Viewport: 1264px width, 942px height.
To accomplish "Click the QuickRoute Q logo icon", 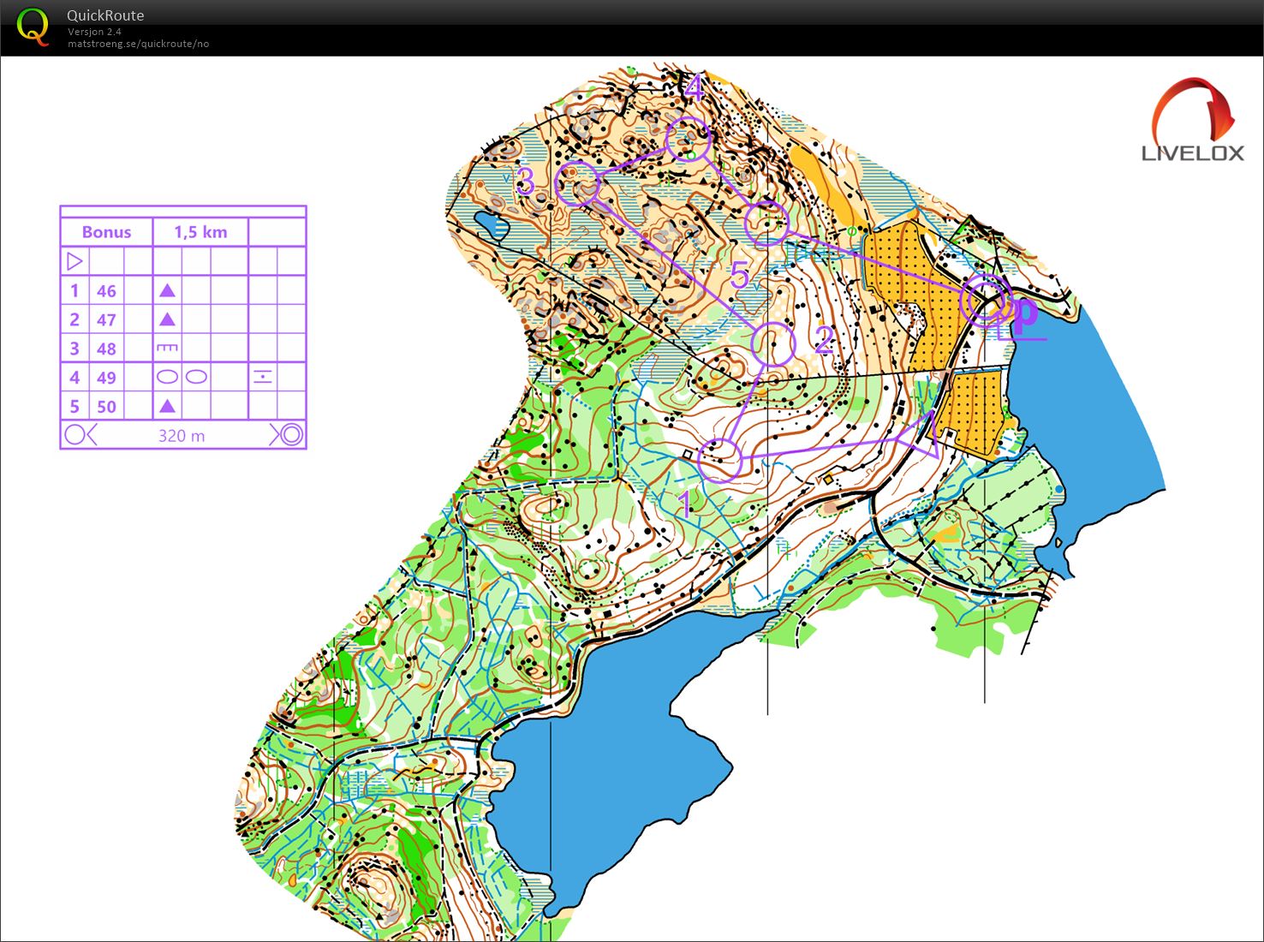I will pos(33,27).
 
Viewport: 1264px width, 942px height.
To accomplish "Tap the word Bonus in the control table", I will pos(106,232).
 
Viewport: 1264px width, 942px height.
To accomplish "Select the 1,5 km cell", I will pos(200,232).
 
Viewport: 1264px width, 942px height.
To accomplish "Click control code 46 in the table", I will pos(106,291).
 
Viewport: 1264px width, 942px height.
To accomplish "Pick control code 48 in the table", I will pos(106,349).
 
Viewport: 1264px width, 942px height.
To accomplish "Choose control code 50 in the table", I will pos(106,407).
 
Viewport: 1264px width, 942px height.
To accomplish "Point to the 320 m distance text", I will pos(182,436).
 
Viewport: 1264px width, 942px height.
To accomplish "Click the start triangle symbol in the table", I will pos(75,261).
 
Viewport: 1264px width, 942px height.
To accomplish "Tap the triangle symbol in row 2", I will pos(168,319).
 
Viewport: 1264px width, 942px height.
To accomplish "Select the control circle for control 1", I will pos(719,460).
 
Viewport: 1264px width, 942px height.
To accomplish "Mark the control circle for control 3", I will pos(577,183).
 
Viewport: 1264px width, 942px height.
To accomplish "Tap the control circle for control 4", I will pos(688,139).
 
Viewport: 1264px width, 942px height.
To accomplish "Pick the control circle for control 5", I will pos(766,224).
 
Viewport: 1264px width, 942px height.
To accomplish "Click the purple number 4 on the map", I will pos(693,88).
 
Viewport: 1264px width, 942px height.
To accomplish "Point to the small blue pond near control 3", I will pos(492,225).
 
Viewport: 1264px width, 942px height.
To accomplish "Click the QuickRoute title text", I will pos(105,15).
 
